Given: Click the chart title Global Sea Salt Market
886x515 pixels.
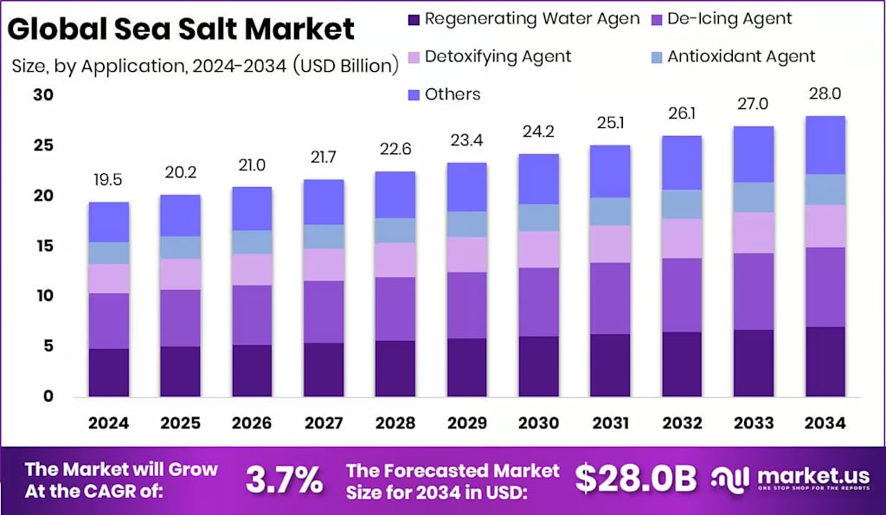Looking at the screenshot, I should click(182, 29).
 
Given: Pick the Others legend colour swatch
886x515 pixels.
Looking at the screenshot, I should click(413, 94).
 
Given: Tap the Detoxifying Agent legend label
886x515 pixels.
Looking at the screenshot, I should click(498, 56).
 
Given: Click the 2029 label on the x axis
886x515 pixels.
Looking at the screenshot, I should click(466, 423).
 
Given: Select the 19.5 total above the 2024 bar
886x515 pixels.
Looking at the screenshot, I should click(109, 180).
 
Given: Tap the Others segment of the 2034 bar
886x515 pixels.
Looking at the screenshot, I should click(824, 145).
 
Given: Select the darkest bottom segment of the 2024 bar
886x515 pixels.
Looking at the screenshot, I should click(109, 372).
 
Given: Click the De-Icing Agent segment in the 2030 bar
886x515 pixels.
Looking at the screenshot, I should click(538, 301).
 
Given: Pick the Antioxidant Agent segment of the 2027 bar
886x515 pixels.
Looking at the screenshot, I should click(324, 236).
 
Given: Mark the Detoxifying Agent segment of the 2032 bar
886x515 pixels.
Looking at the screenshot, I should click(681, 238).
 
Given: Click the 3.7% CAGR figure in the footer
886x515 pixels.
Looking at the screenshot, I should click(285, 479).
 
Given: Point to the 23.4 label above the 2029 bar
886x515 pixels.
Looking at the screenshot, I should click(466, 140).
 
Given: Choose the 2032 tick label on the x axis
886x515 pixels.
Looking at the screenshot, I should click(681, 423).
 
